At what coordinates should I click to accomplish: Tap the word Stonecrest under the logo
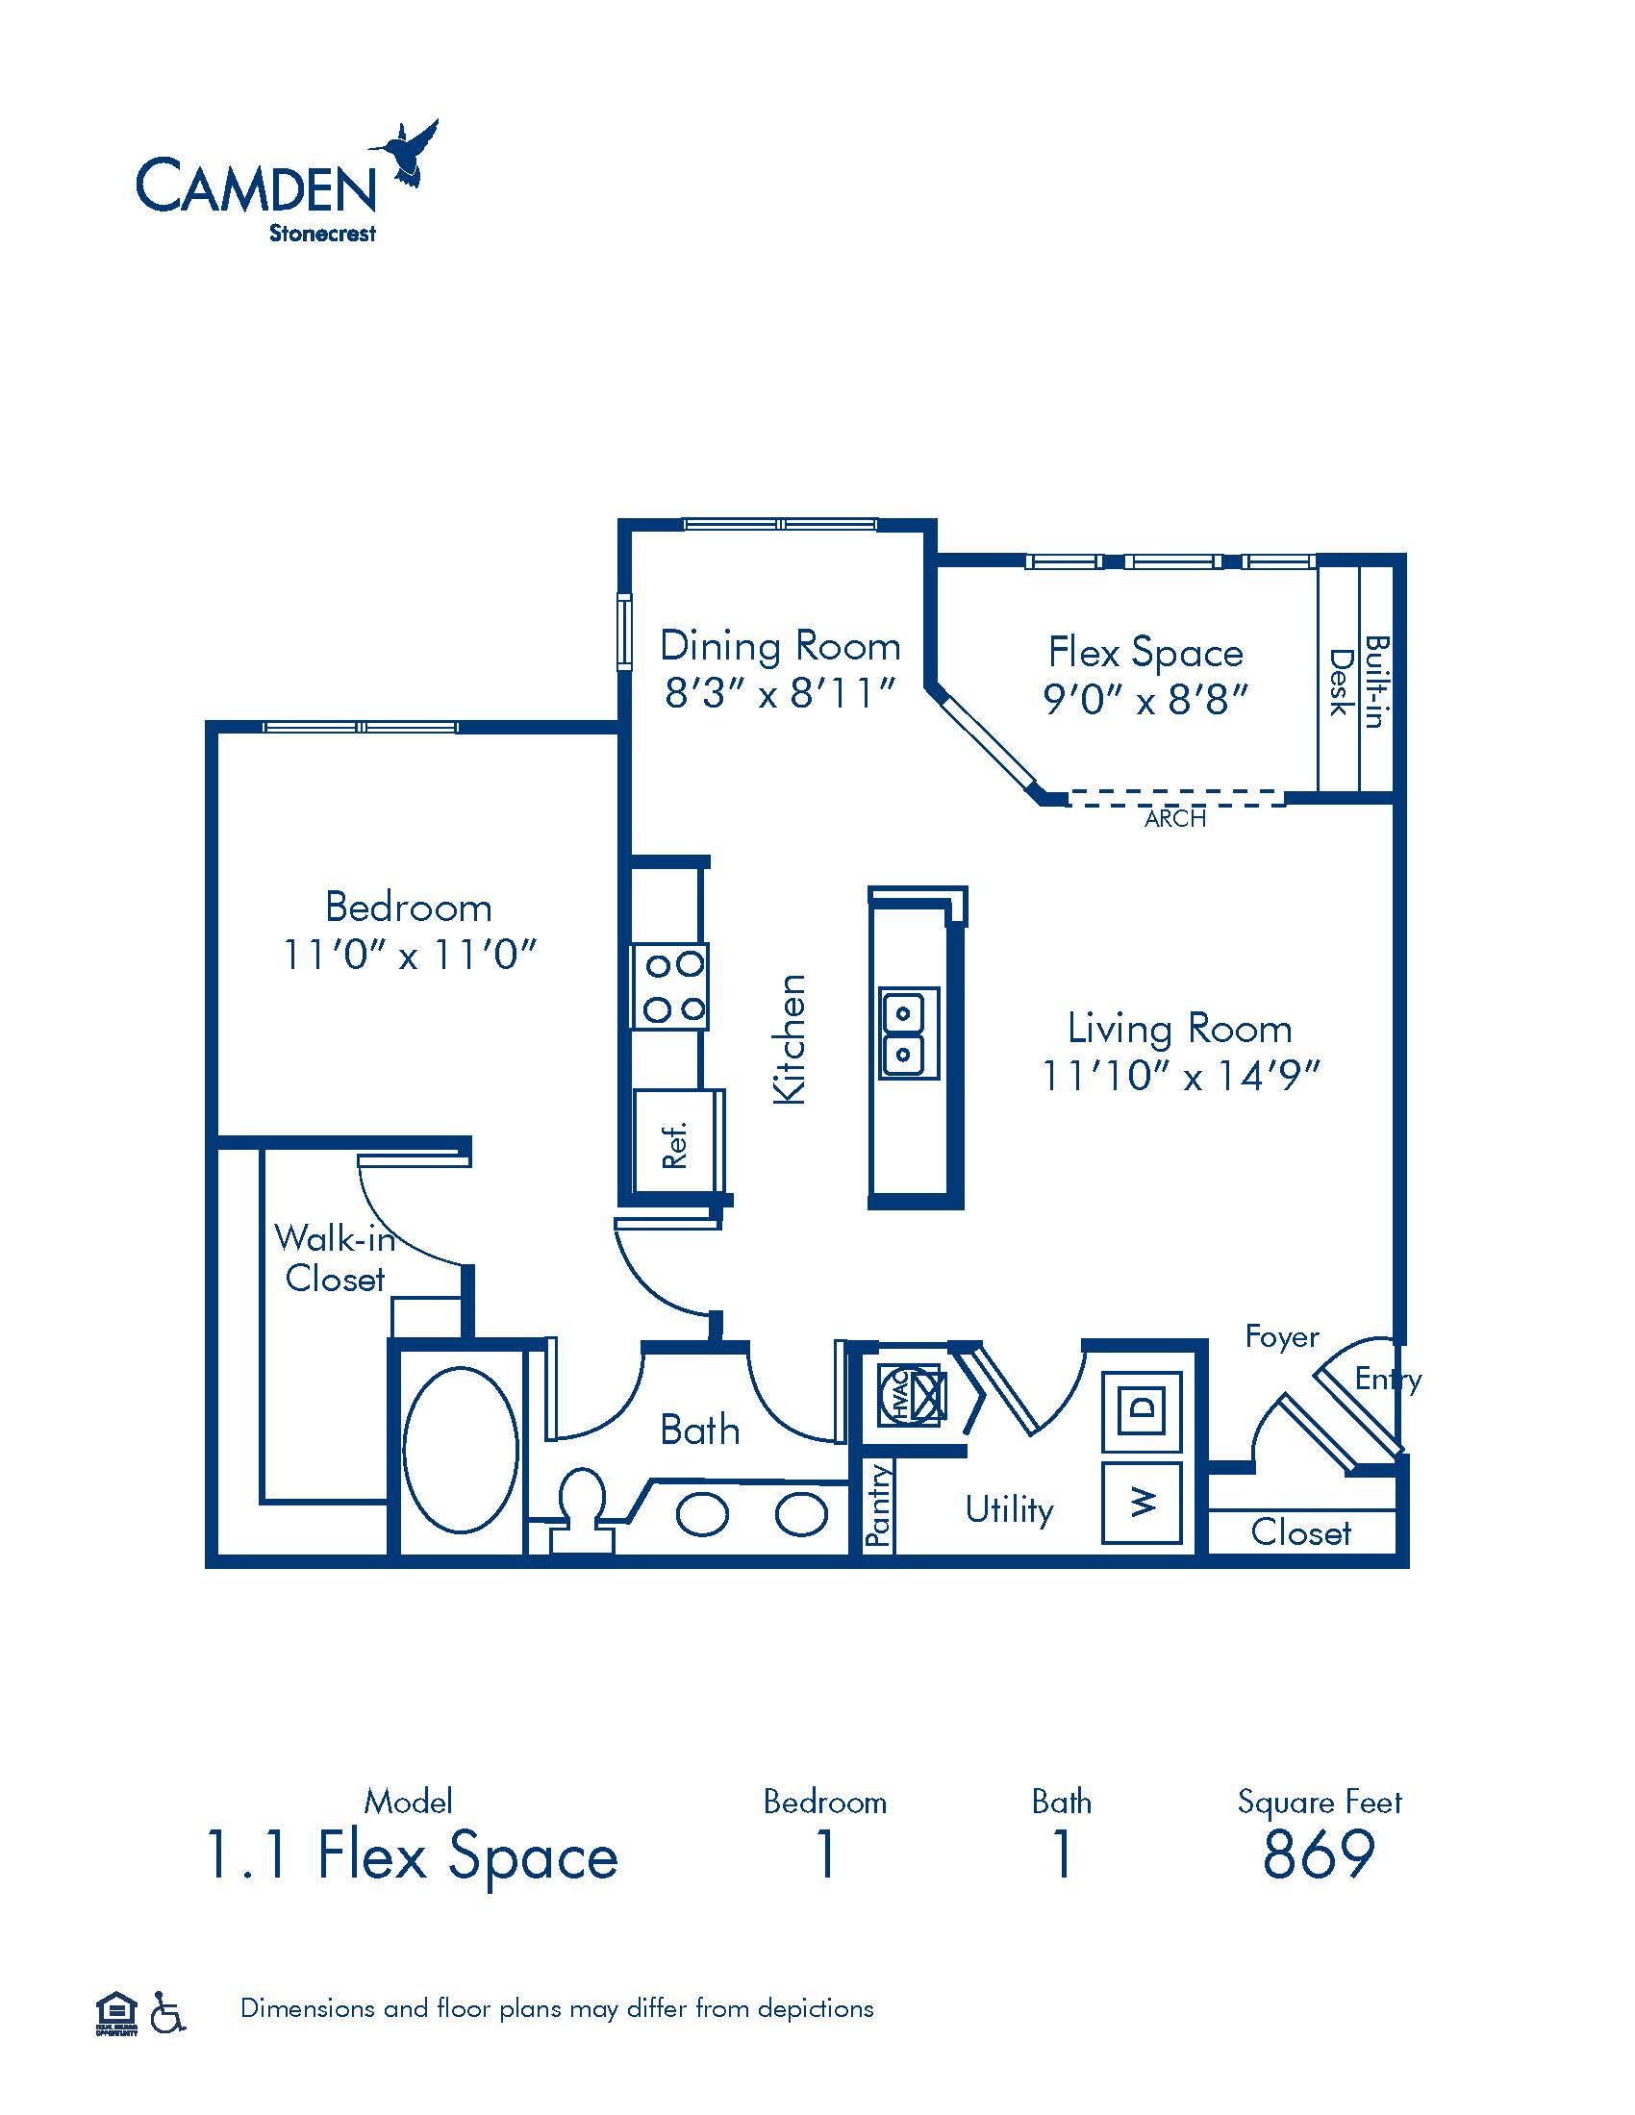(322, 234)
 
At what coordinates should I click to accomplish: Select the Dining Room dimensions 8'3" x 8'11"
(780, 692)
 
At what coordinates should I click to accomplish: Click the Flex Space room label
(1145, 652)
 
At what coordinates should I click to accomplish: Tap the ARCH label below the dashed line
(1175, 818)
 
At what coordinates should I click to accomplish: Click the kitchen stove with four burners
(669, 986)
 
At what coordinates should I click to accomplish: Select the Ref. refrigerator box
(679, 1141)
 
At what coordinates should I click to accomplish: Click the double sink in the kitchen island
(909, 1033)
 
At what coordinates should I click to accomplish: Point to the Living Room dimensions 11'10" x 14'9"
(1181, 1075)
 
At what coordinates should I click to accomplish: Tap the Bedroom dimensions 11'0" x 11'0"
(409, 955)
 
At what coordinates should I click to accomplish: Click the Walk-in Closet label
(335, 1258)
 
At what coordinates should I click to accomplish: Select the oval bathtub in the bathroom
(460, 1449)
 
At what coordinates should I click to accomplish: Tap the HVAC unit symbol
(911, 1395)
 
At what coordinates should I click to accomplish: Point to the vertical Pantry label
(878, 1504)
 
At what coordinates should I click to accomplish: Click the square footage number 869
(1320, 1854)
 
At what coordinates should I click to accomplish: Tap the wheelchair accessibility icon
(168, 2011)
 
